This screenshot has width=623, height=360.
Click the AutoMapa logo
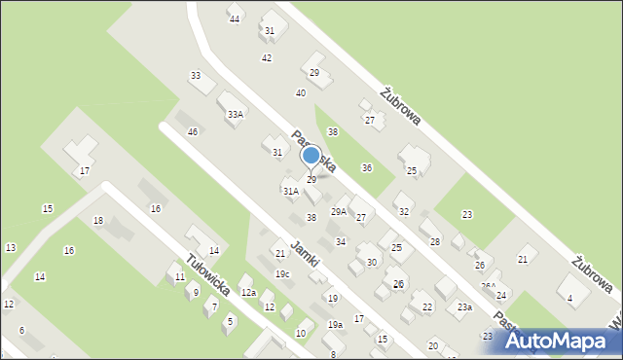point(558,341)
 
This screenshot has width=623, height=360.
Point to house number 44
point(235,19)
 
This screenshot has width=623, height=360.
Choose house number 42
point(267,58)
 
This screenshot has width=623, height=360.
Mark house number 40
point(301,93)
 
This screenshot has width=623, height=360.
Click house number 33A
point(236,115)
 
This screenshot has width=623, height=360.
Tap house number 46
point(193,132)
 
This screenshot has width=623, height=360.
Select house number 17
point(85,171)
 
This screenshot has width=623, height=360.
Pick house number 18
point(97,221)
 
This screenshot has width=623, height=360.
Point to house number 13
point(10,248)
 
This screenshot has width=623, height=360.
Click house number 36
point(367,168)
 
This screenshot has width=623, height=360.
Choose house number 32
point(404,211)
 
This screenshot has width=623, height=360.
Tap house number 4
point(569,299)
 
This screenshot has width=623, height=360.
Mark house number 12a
point(248,293)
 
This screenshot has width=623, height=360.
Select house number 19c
point(282,274)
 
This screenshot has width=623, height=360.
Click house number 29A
point(339,211)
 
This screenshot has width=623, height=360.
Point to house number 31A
point(291,192)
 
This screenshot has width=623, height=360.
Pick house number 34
point(341,241)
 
